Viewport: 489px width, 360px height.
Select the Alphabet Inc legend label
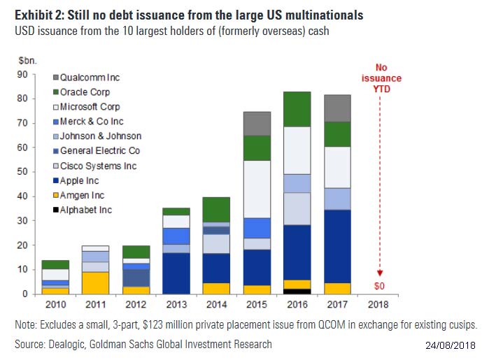point(86,210)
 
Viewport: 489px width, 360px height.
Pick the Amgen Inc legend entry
point(82,195)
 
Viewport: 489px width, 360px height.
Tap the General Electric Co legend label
point(99,151)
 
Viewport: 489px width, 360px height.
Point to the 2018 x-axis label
point(378,305)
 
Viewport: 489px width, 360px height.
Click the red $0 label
point(378,287)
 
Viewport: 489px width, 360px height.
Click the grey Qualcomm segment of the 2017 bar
point(336,108)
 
